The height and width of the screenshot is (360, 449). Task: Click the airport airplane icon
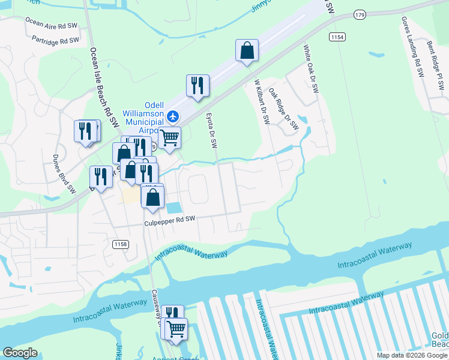173,115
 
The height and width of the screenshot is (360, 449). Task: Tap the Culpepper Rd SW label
170,222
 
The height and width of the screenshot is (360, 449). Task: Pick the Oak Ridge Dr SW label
283,109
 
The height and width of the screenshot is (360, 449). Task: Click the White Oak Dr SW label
310,69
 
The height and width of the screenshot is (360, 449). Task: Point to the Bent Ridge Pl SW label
435,65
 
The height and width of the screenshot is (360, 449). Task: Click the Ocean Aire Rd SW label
51,23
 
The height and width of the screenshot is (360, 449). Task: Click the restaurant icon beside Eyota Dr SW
197,86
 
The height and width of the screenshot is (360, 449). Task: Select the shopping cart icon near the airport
169,137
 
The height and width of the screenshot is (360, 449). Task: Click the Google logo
20,353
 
